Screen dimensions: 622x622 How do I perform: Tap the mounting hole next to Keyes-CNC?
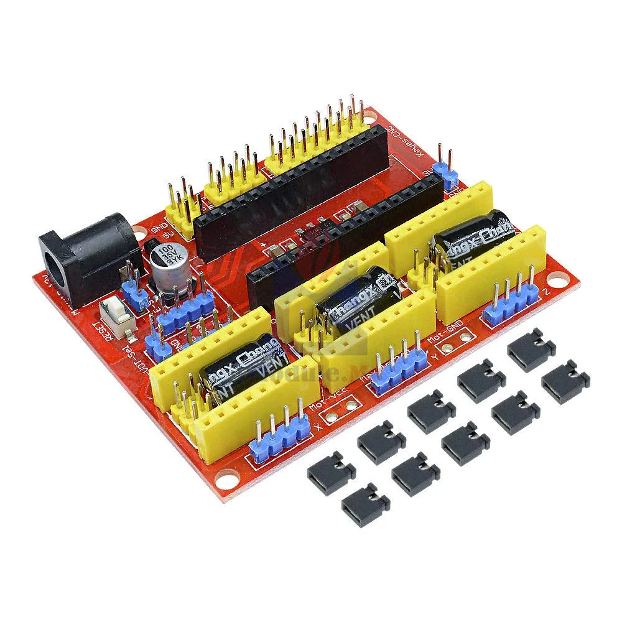point(371,116)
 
